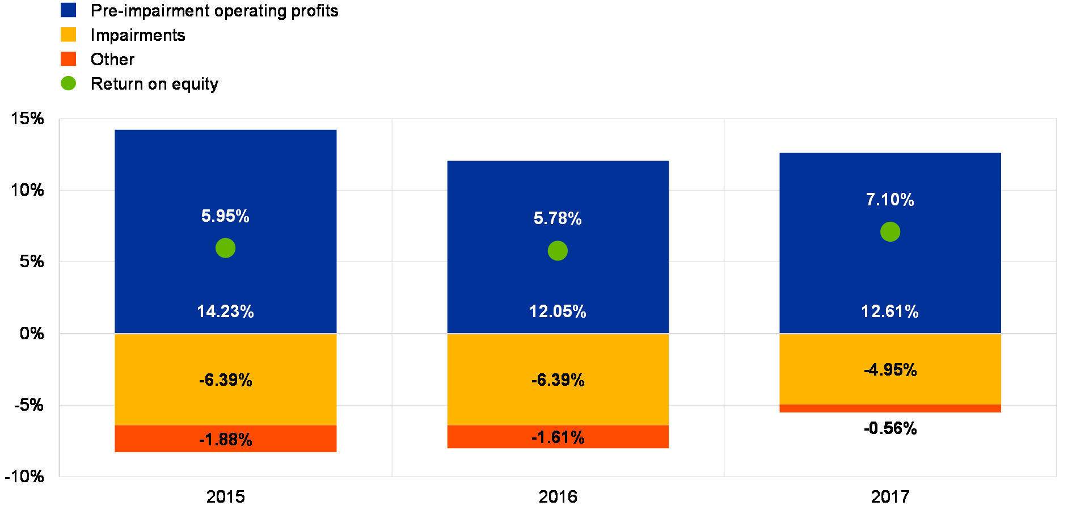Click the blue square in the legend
[x=68, y=10]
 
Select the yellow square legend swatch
[x=68, y=35]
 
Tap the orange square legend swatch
[x=68, y=59]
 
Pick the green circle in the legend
[x=68, y=83]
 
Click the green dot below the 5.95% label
[x=225, y=248]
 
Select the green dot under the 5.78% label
[x=558, y=251]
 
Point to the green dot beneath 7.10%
[x=890, y=231]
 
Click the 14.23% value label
[x=225, y=311]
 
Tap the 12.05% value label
[x=558, y=311]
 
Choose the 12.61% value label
[x=890, y=311]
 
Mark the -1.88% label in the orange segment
[x=225, y=440]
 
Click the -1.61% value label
[x=558, y=437]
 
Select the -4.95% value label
[x=890, y=370]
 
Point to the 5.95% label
[x=225, y=216]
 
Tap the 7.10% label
[x=890, y=200]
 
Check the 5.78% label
[x=558, y=218]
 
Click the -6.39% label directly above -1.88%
[x=225, y=380]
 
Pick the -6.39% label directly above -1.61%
[x=558, y=380]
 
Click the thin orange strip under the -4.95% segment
[x=890, y=408]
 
